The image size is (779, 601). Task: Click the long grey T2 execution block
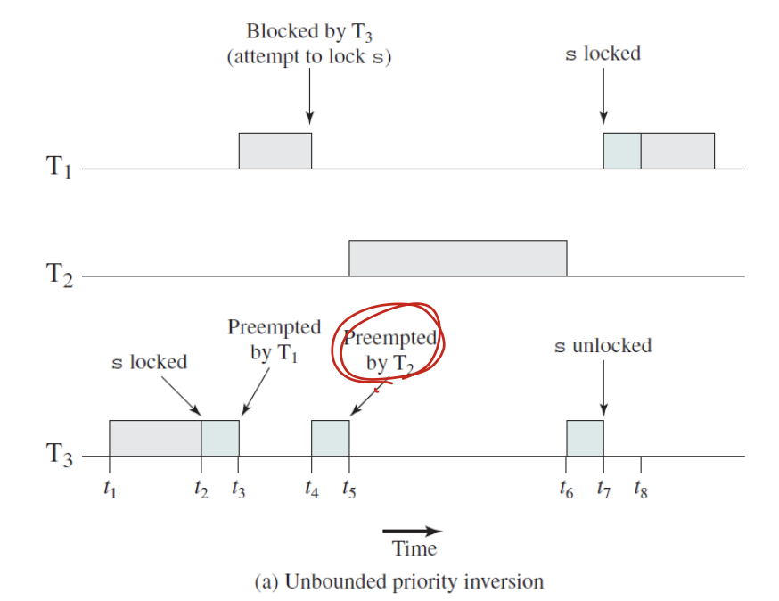click(457, 258)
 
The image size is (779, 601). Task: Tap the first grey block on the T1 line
click(275, 150)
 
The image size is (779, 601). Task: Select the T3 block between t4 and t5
click(330, 438)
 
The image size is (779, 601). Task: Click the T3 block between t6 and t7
click(585, 438)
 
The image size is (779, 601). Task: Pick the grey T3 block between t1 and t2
click(155, 438)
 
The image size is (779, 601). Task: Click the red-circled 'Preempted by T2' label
click(390, 350)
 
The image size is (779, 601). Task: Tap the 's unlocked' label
click(603, 345)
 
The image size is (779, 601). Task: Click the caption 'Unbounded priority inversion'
click(398, 581)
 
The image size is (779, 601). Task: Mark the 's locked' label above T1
click(603, 54)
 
